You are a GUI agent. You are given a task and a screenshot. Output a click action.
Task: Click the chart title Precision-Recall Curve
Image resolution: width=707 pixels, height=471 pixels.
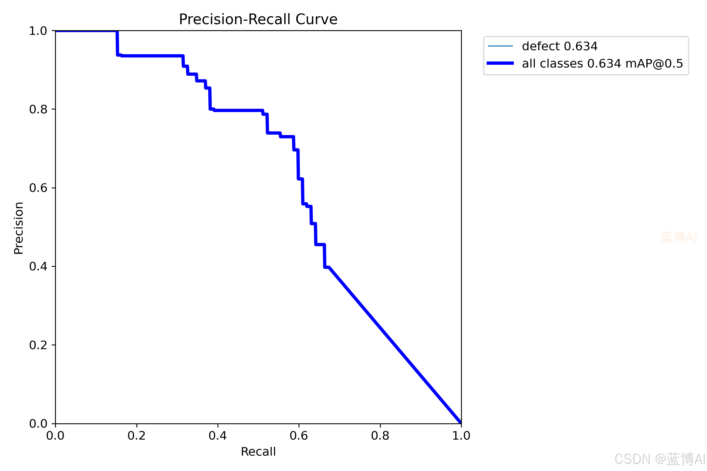(x=258, y=19)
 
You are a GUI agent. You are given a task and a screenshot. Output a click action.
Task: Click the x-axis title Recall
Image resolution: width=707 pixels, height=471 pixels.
(x=258, y=452)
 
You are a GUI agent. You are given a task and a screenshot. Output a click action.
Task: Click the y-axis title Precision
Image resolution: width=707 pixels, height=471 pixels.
(x=19, y=228)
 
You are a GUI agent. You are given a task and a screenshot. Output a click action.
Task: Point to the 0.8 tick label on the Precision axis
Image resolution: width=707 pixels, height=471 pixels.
(x=38, y=109)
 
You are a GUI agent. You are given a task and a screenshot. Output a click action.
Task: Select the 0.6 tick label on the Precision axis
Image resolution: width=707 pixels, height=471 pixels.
(x=38, y=188)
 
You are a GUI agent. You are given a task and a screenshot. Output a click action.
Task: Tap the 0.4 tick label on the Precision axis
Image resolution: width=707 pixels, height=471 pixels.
(x=38, y=266)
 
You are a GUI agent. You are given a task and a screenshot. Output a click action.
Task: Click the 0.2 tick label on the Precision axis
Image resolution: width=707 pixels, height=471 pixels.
(x=38, y=345)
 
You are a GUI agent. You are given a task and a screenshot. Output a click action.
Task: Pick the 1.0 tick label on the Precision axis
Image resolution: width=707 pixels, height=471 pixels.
(x=38, y=31)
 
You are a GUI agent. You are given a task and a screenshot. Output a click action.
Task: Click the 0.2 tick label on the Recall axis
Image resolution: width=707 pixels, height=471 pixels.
(x=137, y=436)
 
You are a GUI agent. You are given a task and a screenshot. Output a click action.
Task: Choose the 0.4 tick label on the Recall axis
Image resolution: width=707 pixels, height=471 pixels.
(x=218, y=436)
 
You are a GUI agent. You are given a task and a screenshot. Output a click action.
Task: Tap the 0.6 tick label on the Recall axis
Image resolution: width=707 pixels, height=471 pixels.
(x=299, y=436)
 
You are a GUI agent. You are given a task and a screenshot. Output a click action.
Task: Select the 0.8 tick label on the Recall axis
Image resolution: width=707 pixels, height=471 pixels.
(x=380, y=436)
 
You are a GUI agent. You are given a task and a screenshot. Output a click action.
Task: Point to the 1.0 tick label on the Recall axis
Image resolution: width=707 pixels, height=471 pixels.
(x=461, y=436)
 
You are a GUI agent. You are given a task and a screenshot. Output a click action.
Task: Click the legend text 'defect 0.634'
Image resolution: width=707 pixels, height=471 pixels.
(x=560, y=46)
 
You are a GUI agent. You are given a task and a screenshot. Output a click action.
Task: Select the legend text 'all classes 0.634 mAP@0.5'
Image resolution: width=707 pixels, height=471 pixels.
(x=602, y=63)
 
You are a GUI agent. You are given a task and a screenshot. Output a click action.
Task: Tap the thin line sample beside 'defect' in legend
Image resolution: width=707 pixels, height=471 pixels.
(x=500, y=46)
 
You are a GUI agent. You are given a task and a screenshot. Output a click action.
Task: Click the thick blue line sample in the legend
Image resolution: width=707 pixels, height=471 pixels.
(x=500, y=63)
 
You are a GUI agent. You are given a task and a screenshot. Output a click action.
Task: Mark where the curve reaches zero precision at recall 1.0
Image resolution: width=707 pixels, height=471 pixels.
(x=461, y=423)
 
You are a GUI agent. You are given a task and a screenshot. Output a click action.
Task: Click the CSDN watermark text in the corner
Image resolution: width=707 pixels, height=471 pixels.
(x=660, y=459)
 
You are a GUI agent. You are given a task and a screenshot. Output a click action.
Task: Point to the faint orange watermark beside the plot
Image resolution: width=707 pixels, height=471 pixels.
(x=679, y=237)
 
